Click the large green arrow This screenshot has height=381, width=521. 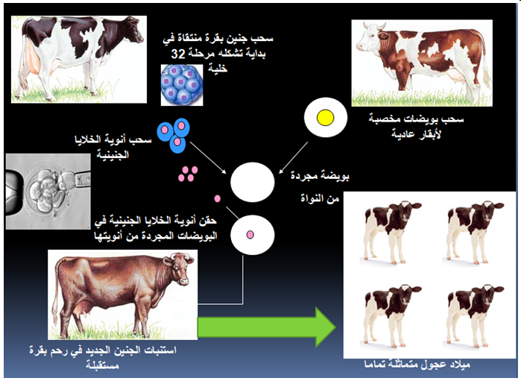point(266,327)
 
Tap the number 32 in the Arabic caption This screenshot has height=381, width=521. point(177,54)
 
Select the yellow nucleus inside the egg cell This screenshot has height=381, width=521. point(325,118)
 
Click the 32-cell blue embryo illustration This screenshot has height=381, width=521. point(182,85)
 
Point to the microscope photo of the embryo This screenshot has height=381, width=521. point(48,191)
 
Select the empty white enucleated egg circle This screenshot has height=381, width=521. point(253,182)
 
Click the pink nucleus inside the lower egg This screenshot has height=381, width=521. point(250,235)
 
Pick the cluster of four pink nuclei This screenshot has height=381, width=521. point(188,174)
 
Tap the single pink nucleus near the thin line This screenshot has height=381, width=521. point(218,198)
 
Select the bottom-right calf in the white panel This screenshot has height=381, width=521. point(473,316)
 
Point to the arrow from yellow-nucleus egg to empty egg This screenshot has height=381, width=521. point(294,158)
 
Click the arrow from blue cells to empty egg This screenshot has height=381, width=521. point(208,157)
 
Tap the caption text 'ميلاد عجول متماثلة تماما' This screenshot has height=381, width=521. point(417,364)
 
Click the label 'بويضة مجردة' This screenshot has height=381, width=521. point(320,175)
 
